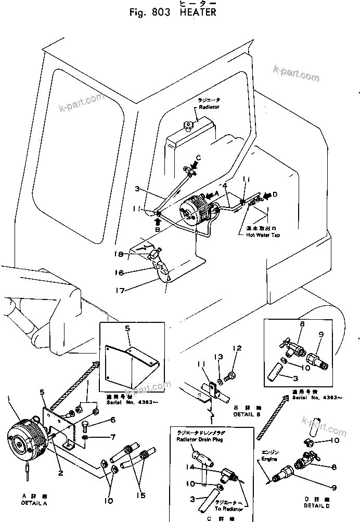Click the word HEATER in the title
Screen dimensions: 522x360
(x=198, y=12)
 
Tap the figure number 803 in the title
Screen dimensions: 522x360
(x=160, y=12)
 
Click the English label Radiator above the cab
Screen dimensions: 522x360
(x=209, y=107)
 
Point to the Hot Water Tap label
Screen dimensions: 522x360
(x=263, y=235)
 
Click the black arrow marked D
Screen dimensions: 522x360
(x=266, y=195)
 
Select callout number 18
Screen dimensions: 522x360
(x=119, y=254)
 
